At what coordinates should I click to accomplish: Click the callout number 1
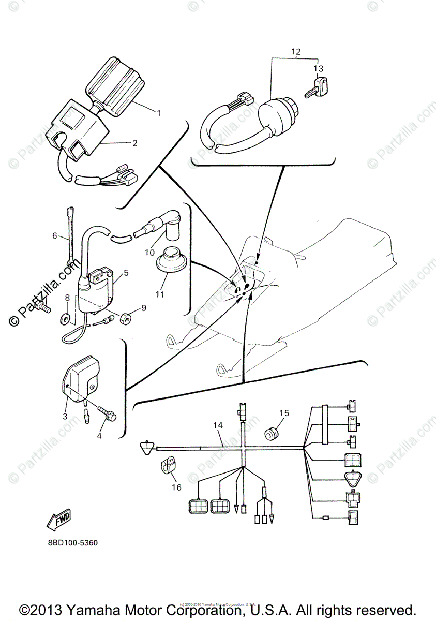(160, 113)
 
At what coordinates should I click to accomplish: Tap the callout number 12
(295, 52)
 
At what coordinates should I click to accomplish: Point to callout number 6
(54, 236)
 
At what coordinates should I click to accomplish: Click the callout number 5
(126, 273)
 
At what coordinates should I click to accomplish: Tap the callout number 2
(135, 143)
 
